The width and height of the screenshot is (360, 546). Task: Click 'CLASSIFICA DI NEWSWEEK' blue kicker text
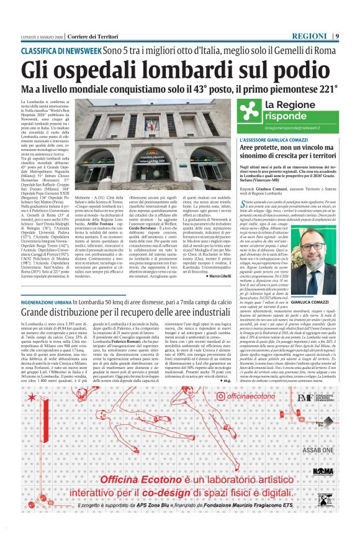(x=61, y=50)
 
